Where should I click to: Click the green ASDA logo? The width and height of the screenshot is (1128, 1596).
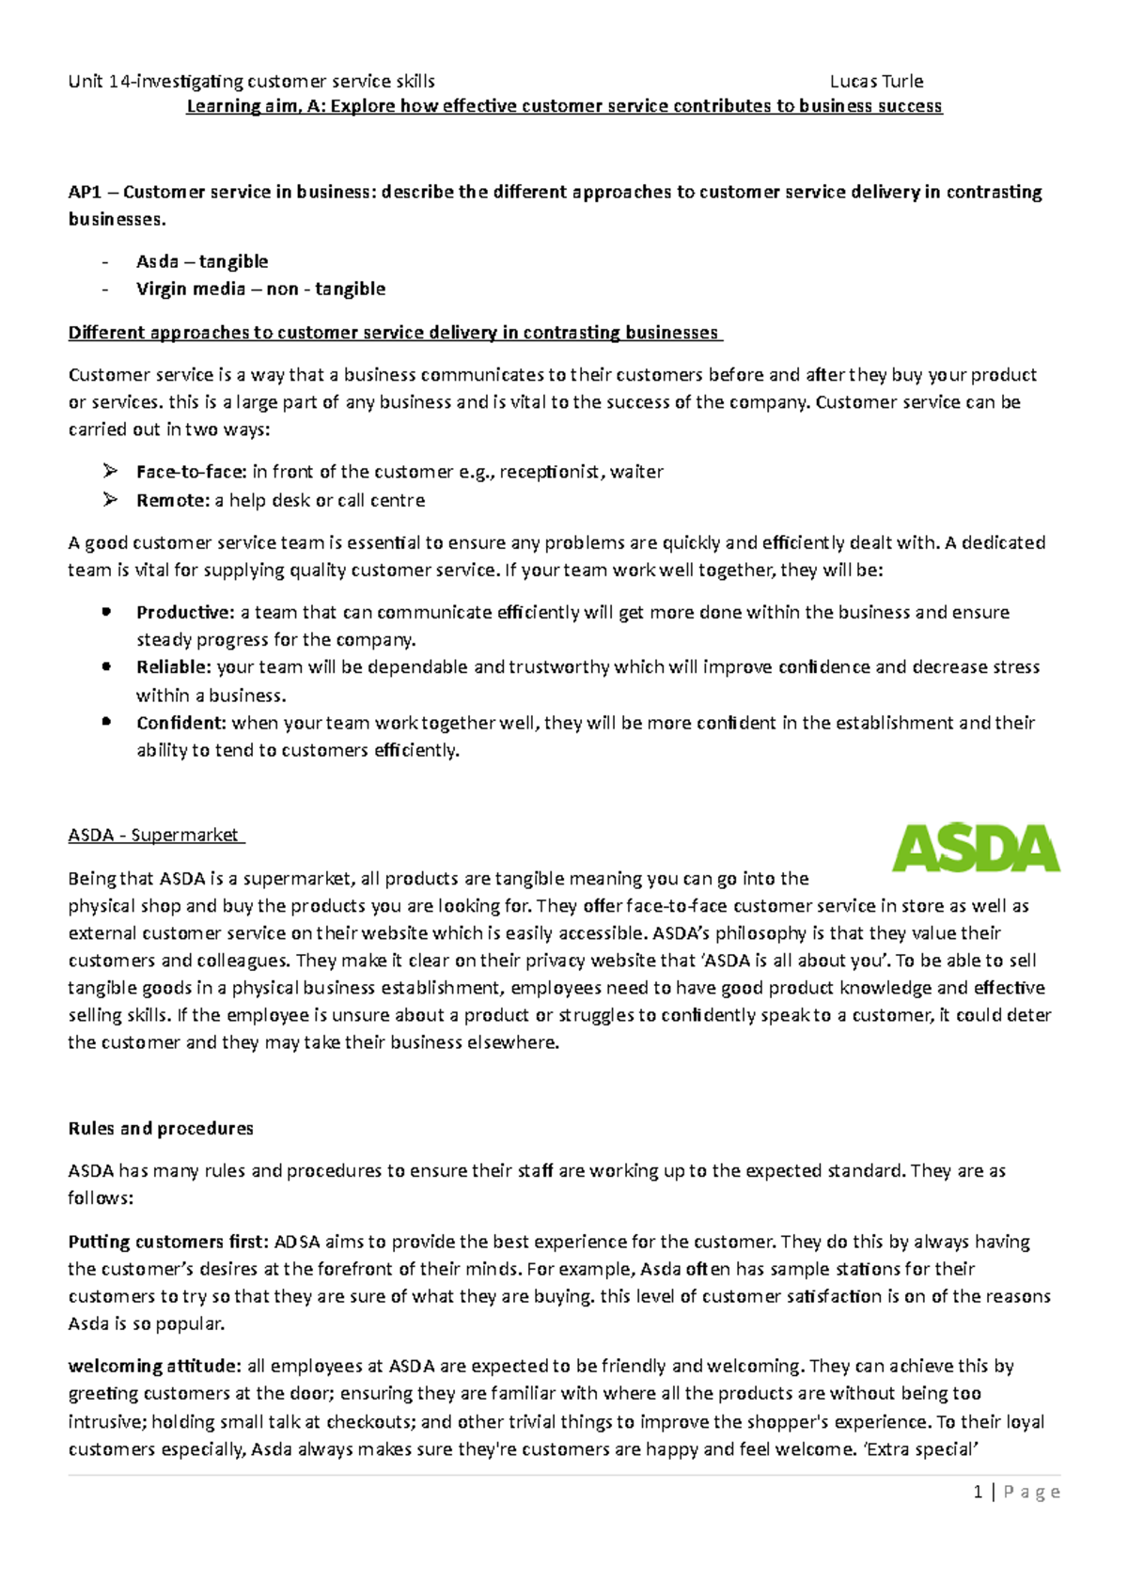click(x=975, y=848)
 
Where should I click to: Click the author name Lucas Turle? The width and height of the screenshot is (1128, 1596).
click(x=876, y=81)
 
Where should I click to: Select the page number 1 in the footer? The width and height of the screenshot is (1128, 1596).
click(x=979, y=1492)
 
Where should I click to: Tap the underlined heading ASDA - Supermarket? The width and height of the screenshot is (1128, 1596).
click(x=155, y=835)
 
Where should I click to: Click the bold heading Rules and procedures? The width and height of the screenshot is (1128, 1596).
click(x=161, y=1128)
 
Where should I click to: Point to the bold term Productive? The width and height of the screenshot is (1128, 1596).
click(x=185, y=612)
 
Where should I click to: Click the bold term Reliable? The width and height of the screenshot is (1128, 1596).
click(x=174, y=666)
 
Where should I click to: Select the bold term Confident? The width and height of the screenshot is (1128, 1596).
click(x=181, y=722)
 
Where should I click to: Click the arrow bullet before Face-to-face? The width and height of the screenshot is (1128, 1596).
click(x=110, y=471)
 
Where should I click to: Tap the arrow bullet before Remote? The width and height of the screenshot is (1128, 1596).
click(x=110, y=499)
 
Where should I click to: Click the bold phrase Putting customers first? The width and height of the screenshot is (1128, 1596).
click(x=168, y=1242)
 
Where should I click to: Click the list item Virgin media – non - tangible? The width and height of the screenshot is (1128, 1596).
click(x=260, y=289)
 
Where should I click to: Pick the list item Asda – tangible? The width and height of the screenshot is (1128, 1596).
click(x=202, y=261)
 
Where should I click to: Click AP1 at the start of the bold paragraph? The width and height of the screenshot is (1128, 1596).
click(x=85, y=192)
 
